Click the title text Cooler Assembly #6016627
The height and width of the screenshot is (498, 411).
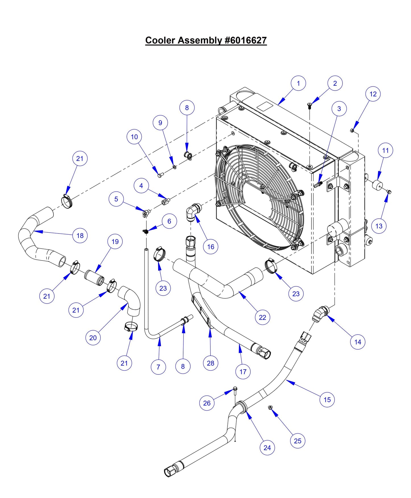pos(206,40)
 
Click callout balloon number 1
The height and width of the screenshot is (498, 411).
pos(298,83)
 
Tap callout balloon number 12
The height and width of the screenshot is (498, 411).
pos(373,94)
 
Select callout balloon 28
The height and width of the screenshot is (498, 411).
pos(210,363)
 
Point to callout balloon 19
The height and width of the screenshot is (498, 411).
pos(115,241)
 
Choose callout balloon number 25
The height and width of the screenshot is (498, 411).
pos(298,441)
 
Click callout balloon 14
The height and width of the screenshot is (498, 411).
pos(358,342)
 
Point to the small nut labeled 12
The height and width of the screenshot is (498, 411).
pos(352,131)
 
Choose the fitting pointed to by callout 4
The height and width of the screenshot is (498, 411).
pos(165,202)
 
